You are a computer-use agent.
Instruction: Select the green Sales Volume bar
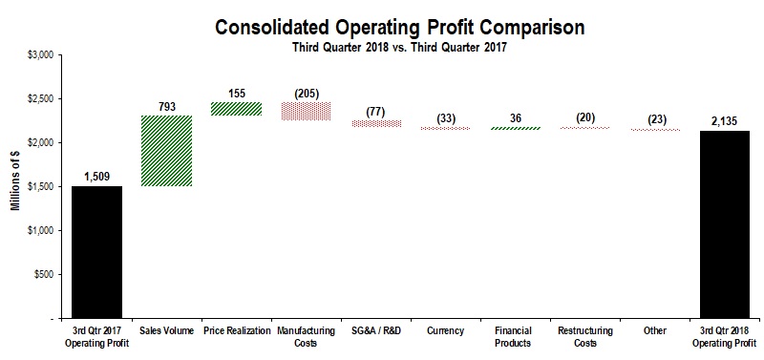167,151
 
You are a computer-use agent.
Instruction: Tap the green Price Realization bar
236,109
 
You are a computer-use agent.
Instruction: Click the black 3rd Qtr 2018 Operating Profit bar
724,223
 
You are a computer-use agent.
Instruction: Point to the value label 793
167,107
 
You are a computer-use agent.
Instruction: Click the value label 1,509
97,177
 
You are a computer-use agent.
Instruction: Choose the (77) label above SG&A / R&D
375,111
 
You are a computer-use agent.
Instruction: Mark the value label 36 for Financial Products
515,117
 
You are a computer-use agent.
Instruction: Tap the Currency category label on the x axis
445,330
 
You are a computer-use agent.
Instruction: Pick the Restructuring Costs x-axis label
584,336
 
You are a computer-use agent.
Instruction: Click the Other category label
654,330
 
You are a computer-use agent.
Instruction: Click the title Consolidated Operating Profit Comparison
400,26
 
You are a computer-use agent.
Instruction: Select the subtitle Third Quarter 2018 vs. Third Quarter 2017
400,48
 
